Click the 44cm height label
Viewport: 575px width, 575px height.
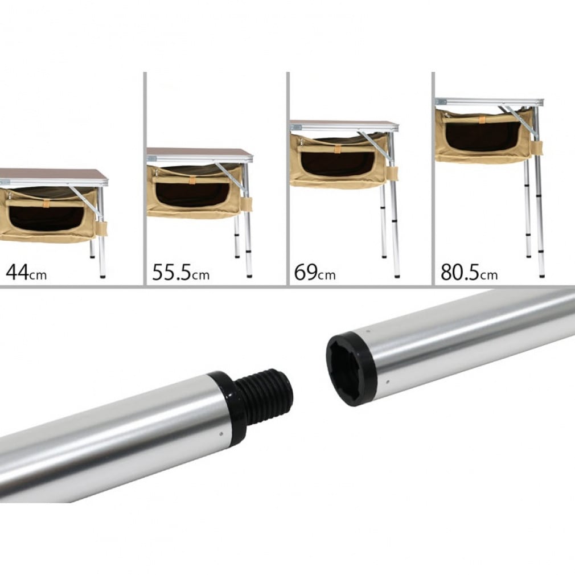pyautogui.click(x=26, y=272)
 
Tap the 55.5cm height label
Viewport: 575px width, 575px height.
pyautogui.click(x=180, y=272)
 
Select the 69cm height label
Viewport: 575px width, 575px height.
pyautogui.click(x=315, y=272)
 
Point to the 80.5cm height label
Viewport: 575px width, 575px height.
pyautogui.click(x=469, y=272)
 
